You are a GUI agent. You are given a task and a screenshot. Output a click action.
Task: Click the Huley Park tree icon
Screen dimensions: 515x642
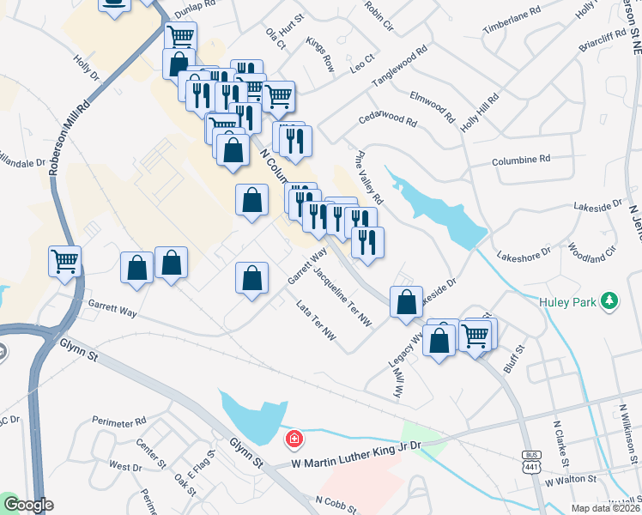click(x=609, y=300)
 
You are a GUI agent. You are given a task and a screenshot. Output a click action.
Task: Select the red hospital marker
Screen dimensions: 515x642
click(x=294, y=439)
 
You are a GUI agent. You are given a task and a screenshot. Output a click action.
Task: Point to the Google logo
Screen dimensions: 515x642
click(x=27, y=505)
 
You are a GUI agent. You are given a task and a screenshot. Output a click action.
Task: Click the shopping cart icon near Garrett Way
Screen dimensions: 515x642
click(x=65, y=260)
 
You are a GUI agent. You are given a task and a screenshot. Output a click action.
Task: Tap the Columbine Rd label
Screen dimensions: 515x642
click(x=521, y=161)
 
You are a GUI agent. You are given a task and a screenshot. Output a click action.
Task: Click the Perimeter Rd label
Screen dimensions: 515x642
click(x=117, y=422)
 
